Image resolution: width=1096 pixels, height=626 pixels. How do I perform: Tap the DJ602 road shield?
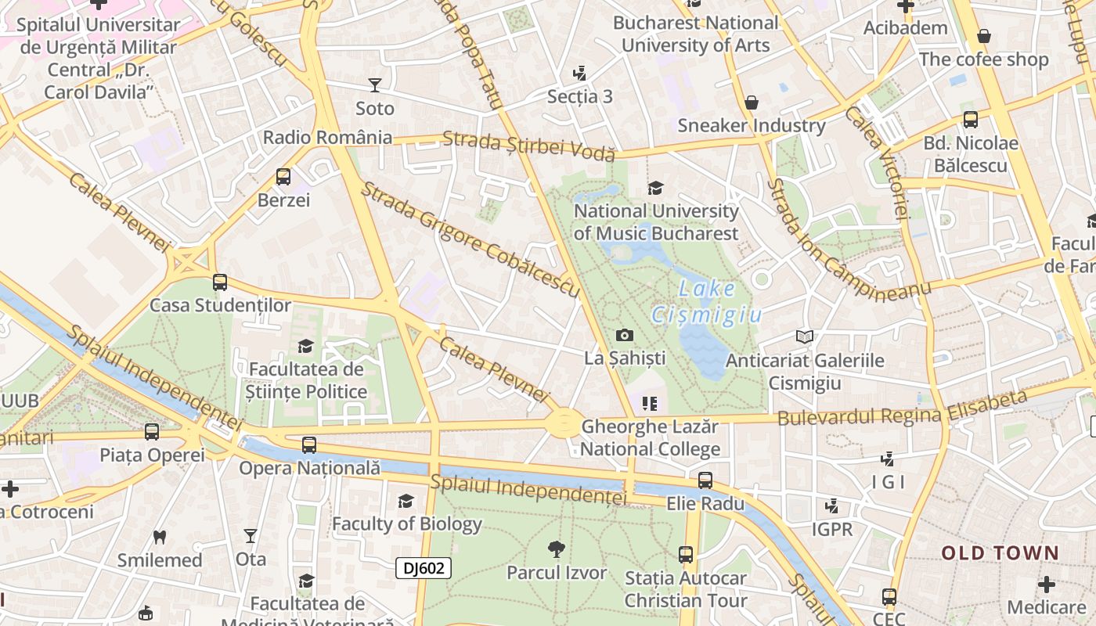(423, 567)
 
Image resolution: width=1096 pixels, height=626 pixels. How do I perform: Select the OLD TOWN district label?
(1000, 553)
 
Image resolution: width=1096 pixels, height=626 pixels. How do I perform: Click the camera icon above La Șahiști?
(625, 335)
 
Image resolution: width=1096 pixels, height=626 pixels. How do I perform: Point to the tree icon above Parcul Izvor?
(557, 549)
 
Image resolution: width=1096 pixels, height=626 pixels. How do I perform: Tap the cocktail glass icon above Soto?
(375, 85)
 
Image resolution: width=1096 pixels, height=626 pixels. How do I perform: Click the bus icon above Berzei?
(283, 177)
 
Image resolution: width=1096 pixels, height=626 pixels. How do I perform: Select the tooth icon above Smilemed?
(160, 537)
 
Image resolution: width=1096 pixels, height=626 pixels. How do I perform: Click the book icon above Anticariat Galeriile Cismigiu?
(804, 336)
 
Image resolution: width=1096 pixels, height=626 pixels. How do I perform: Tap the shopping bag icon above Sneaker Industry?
(751, 103)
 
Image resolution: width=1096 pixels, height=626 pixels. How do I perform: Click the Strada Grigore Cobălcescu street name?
(470, 239)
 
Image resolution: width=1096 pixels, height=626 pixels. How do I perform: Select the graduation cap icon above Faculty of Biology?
(406, 501)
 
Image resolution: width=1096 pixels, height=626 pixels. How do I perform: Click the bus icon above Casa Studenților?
(220, 282)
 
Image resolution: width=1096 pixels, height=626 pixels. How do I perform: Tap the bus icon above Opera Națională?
(309, 445)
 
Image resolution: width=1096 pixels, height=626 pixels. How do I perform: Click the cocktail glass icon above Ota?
(251, 536)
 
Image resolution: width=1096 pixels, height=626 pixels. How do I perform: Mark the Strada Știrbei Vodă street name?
(528, 146)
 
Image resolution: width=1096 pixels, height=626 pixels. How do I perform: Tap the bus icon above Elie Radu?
(705, 480)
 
